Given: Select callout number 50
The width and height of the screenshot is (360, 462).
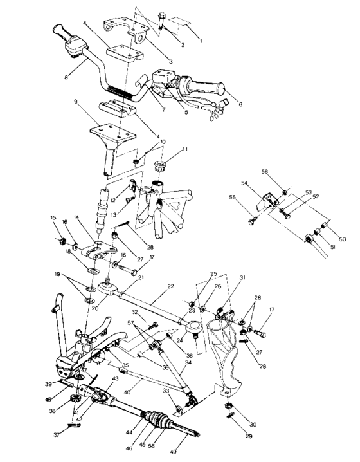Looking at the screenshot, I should click(342, 239).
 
